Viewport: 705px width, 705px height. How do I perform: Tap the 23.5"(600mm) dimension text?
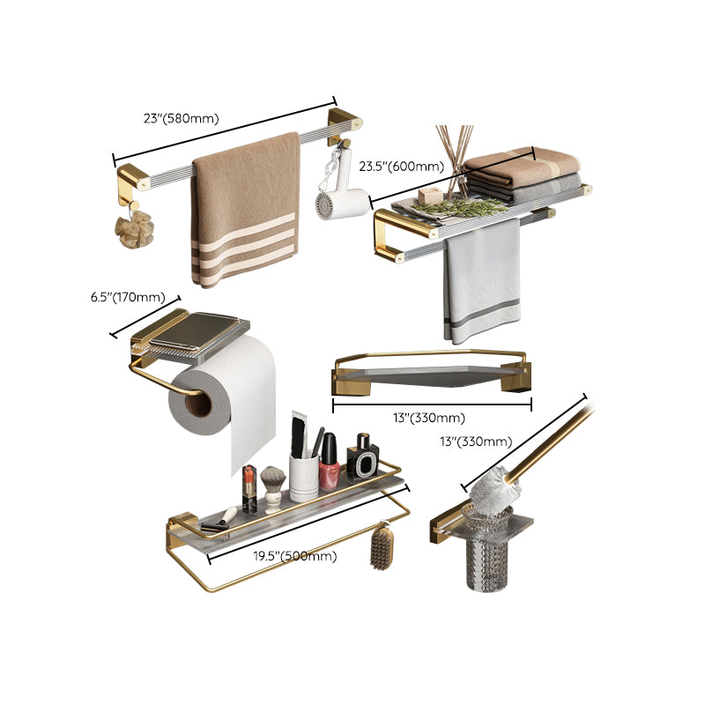[401, 167]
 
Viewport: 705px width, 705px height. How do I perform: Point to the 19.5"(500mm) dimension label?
[295, 556]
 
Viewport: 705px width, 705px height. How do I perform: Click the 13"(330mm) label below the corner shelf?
[429, 418]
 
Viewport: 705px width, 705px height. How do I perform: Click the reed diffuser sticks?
[453, 159]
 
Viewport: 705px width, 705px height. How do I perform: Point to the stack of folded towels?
[523, 174]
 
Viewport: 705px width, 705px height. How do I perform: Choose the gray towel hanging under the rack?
[481, 280]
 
